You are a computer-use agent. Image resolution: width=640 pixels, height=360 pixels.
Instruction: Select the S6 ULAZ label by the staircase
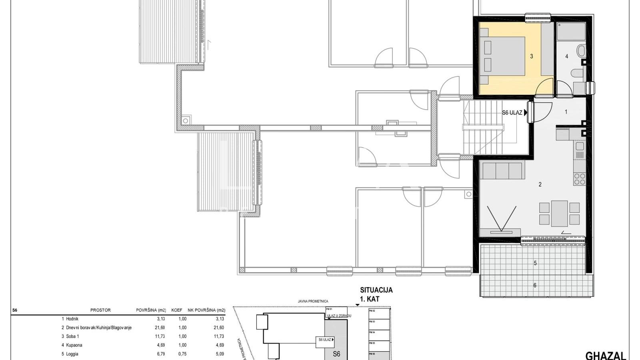pyautogui.click(x=512, y=113)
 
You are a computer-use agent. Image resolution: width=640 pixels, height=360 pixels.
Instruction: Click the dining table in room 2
pyautogui.click(x=559, y=213)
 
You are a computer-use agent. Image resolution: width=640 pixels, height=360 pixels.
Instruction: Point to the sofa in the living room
pyautogui.click(x=502, y=171)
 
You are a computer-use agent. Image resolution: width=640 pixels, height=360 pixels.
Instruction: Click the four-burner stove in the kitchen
pyautogui.click(x=580, y=179)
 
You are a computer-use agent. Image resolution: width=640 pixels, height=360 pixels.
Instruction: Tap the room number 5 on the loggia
pyautogui.click(x=535, y=263)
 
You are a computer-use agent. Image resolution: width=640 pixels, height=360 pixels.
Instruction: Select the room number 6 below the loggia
pyautogui.click(x=535, y=285)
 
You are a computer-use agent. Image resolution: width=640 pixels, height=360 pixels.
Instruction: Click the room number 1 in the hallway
pyautogui.click(x=566, y=112)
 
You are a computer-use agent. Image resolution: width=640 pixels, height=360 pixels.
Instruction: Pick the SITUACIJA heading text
pyautogui.click(x=376, y=290)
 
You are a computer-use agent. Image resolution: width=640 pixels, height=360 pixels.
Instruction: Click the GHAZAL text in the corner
pyautogui.click(x=605, y=356)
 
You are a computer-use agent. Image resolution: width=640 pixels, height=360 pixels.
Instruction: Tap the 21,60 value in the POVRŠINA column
pyautogui.click(x=160, y=328)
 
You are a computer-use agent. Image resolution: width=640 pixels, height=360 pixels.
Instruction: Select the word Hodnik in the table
pyautogui.click(x=72, y=319)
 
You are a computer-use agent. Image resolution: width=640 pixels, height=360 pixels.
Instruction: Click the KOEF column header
pyautogui.click(x=177, y=310)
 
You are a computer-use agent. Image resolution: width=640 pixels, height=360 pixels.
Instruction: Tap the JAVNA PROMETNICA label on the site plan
pyautogui.click(x=313, y=301)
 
